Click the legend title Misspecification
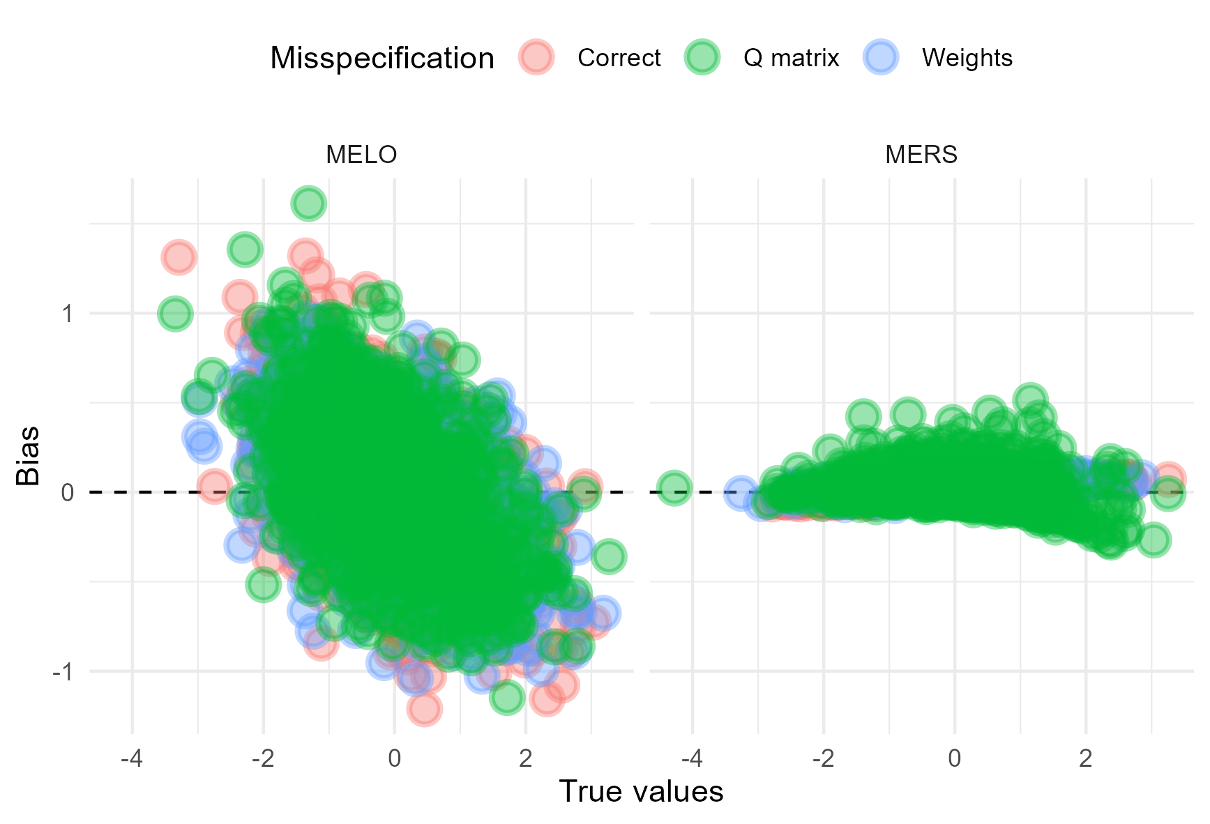382,58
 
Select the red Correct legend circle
536,57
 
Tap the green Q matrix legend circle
702,57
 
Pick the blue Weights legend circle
881,57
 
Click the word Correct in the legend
619,58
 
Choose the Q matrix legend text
791,58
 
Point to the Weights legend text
967,58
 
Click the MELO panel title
361,154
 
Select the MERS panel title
921,154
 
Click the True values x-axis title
641,792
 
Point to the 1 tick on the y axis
68,314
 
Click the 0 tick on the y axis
68,493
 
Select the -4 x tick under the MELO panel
131,758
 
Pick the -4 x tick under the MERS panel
691,758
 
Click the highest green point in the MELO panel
309,204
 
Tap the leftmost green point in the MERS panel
674,487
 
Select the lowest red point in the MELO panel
423,710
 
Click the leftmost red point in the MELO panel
179,257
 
